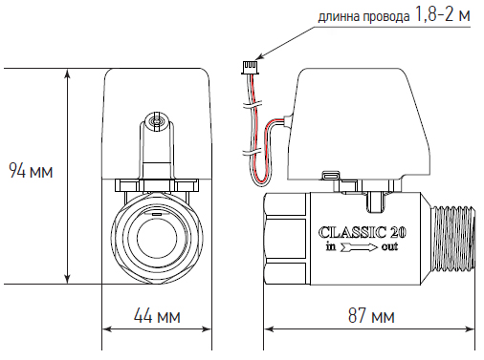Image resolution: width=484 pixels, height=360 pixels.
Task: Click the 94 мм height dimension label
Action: (31, 170)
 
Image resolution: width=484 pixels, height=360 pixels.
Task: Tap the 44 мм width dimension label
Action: (157, 316)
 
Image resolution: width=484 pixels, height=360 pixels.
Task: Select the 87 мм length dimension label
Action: (371, 316)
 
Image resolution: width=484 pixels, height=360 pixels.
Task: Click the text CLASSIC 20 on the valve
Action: (363, 232)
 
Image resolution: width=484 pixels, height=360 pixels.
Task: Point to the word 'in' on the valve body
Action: (331, 246)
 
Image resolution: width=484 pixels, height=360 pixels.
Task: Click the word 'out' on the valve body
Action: (389, 247)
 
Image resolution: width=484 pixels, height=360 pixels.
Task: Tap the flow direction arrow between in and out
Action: (359, 247)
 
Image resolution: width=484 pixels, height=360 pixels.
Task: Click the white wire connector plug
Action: (249, 67)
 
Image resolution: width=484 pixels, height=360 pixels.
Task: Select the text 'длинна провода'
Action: (363, 17)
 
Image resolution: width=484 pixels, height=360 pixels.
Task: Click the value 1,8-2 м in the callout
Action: (443, 14)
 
